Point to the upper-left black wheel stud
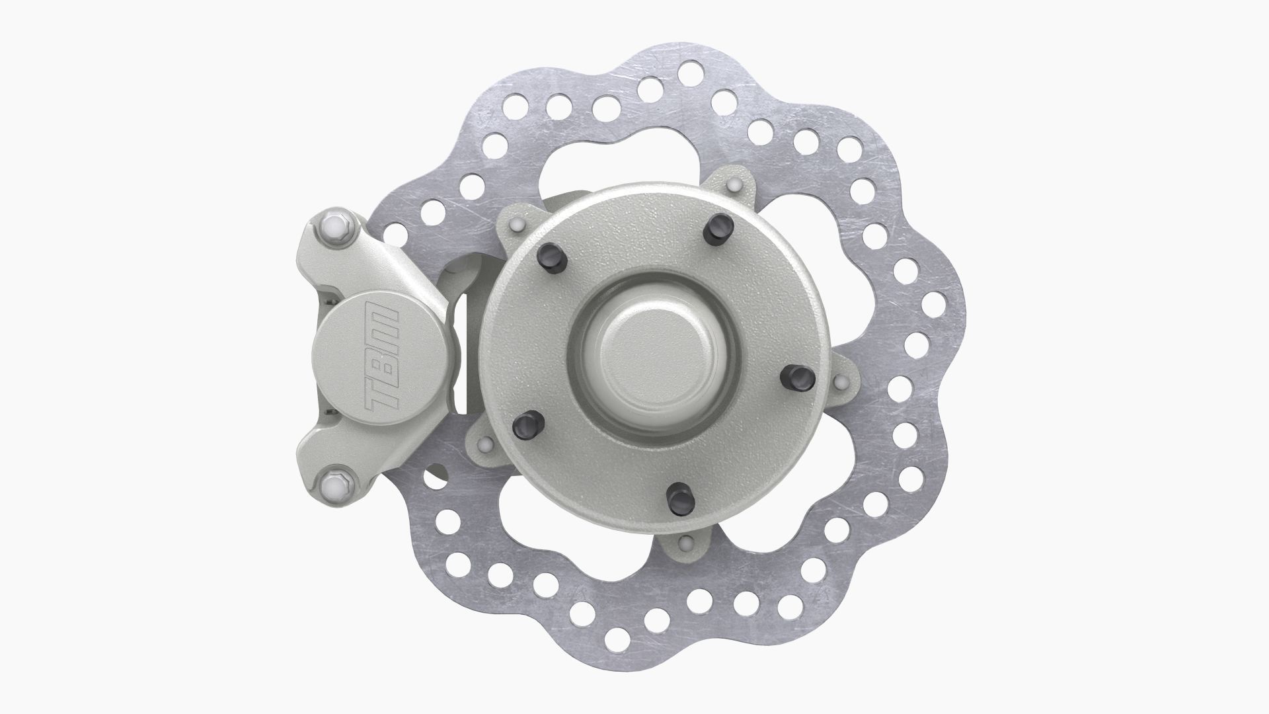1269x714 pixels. pyautogui.click(x=552, y=257)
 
